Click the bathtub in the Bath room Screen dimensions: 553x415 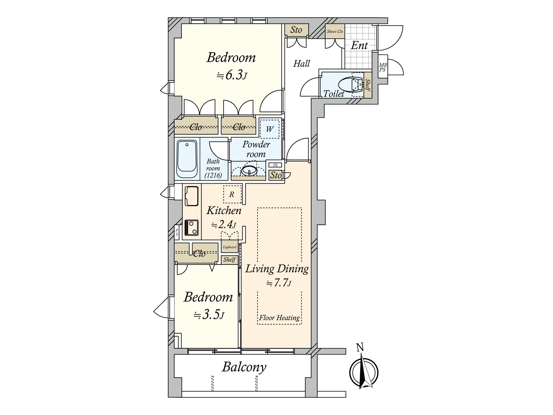point(187,159)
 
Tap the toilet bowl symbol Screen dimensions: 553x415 point(350,85)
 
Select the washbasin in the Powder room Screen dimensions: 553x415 point(249,171)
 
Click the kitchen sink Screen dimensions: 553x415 point(192,196)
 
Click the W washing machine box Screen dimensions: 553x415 point(270,129)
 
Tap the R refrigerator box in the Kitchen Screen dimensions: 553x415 point(232,194)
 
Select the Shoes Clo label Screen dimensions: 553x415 point(335,31)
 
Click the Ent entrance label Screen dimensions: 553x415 point(359,46)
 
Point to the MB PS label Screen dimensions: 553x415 point(383,67)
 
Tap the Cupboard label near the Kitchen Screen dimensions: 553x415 point(229,247)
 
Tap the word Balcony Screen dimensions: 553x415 point(244,367)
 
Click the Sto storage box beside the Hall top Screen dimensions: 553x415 point(296,30)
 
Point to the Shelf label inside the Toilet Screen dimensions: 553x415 point(368,85)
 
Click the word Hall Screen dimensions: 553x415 point(301,64)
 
